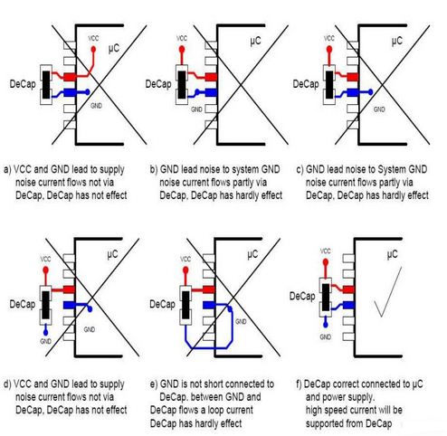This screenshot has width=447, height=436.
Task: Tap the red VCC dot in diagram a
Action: click(93, 49)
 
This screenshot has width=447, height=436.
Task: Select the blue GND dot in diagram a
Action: click(88, 91)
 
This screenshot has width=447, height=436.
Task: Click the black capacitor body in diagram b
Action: click(182, 85)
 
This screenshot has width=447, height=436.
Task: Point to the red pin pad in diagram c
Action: click(353, 77)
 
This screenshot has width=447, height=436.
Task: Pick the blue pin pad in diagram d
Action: click(69, 305)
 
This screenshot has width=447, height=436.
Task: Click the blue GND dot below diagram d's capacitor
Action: click(45, 332)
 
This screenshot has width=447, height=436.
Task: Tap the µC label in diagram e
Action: click(252, 255)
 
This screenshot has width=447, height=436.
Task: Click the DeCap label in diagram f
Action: click(302, 296)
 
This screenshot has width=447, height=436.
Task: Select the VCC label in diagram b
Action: click(182, 38)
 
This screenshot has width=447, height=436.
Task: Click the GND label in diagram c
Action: click(379, 109)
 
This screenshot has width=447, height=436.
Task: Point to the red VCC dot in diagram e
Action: click(185, 270)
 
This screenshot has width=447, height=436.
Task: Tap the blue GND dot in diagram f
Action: click(326, 325)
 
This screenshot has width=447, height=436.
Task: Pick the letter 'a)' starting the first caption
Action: click(7, 169)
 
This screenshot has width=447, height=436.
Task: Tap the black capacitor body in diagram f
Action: click(326, 298)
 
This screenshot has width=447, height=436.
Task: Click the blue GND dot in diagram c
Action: click(371, 92)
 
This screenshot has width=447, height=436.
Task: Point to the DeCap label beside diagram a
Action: click(23, 84)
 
